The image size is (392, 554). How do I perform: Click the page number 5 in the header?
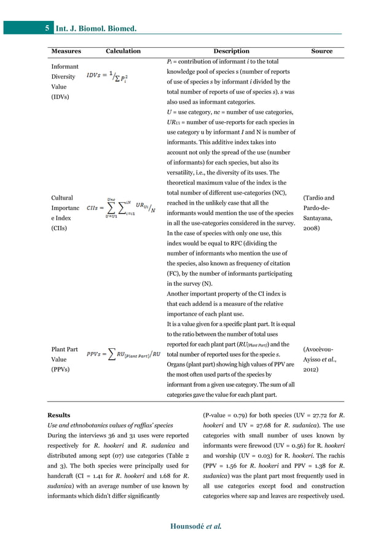(x=47, y=28)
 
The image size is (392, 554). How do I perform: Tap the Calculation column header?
(x=123, y=52)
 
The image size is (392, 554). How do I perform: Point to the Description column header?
(x=231, y=52)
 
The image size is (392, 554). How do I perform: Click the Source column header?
(x=322, y=52)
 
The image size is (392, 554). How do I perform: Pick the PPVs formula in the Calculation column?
(x=124, y=354)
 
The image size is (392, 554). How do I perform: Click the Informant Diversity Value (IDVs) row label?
(x=65, y=82)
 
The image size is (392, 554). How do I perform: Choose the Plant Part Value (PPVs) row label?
(x=65, y=360)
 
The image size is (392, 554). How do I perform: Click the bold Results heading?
(x=60, y=415)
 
